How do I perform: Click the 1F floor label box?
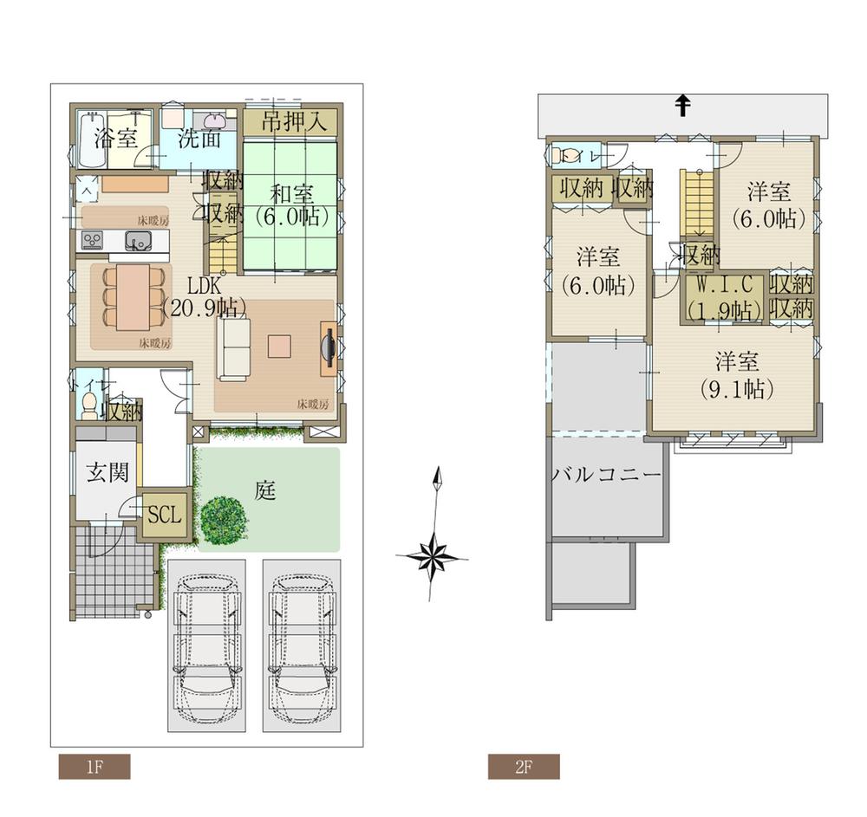(x=94, y=767)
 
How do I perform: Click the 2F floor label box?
(x=523, y=767)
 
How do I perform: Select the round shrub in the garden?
(x=224, y=520)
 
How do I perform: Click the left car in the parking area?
(x=205, y=645)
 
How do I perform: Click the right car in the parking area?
(x=301, y=645)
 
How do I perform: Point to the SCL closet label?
(x=163, y=515)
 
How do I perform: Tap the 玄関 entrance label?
(x=108, y=472)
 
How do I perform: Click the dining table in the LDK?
(x=134, y=296)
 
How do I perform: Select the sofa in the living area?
(x=232, y=348)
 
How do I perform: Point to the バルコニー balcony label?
(x=606, y=476)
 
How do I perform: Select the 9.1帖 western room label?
(x=736, y=375)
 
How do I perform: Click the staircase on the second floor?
(x=696, y=203)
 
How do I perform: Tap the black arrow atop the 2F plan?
(x=683, y=106)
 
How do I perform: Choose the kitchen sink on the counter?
(x=139, y=241)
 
